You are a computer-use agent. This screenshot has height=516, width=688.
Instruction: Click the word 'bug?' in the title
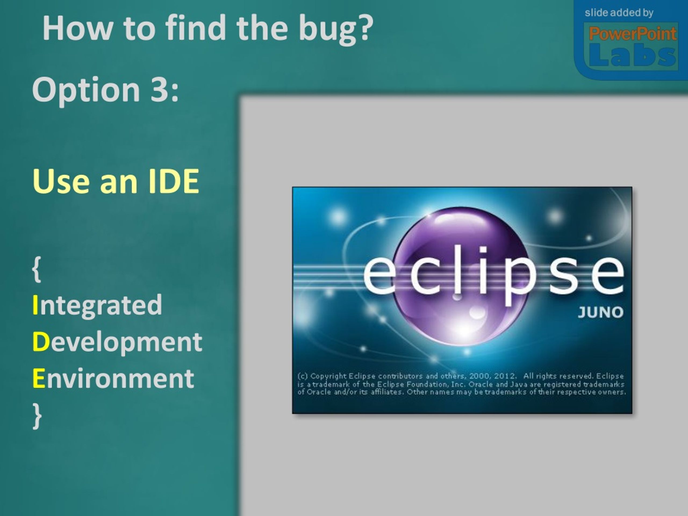tap(336, 28)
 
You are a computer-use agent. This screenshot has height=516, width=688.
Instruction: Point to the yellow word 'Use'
tap(61, 181)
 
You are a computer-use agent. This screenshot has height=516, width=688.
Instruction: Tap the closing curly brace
tap(37, 416)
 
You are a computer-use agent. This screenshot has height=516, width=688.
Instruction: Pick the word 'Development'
tap(117, 342)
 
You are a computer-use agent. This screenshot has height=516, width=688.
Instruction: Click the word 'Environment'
tap(113, 378)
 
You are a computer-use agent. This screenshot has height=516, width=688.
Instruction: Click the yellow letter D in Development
tap(41, 342)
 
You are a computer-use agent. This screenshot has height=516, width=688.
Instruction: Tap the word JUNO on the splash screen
tap(600, 312)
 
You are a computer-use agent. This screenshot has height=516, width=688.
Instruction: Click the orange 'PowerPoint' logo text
tap(633, 34)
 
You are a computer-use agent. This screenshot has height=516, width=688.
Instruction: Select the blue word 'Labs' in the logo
tap(632, 55)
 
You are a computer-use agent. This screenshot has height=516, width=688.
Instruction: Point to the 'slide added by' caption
tap(619, 13)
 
